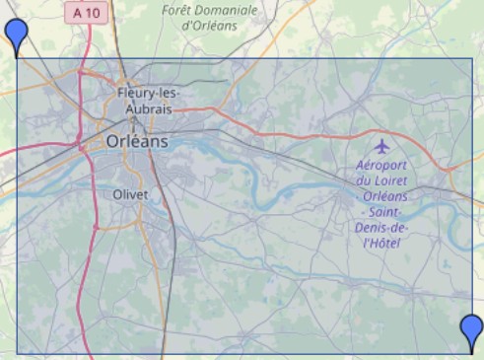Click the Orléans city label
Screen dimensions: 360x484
coord(136,141)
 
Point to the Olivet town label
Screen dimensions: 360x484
coord(130,194)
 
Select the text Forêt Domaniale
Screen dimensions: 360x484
coord(209,10)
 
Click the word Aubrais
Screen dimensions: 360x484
coord(143,109)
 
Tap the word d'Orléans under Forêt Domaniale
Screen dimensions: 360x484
coord(210,26)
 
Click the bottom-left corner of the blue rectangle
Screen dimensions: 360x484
coord(16,353)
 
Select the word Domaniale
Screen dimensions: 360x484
coord(226,10)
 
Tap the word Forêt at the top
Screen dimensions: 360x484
coord(177,10)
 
